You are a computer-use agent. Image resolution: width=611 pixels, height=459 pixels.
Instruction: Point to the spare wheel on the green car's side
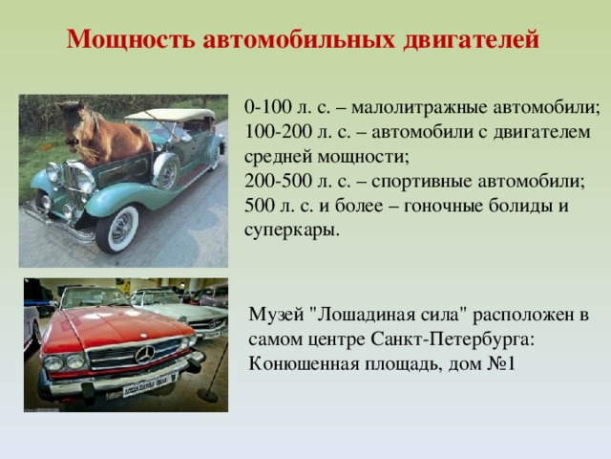167,171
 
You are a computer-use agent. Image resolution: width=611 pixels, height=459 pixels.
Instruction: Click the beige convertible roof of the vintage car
172,116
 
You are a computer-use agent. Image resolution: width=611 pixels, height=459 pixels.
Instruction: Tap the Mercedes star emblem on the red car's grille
146,355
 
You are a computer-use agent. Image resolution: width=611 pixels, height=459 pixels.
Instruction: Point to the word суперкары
291,231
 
